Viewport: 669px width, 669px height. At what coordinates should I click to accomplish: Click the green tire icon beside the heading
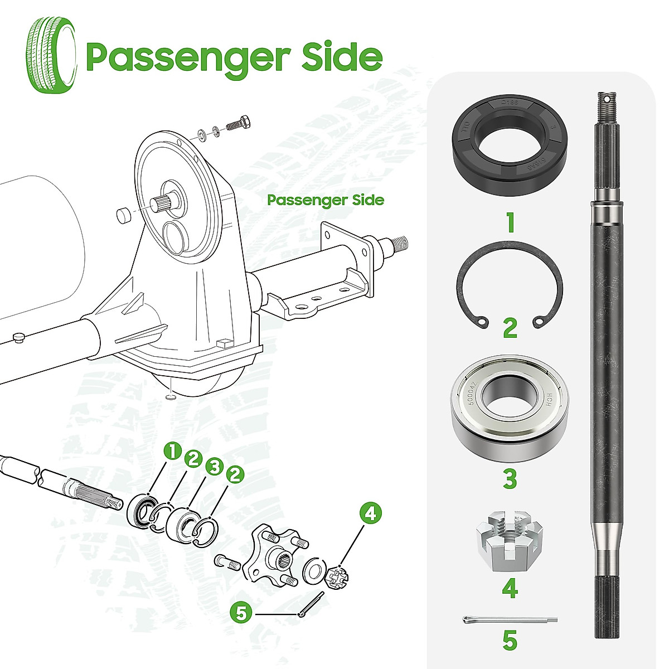tap(52, 54)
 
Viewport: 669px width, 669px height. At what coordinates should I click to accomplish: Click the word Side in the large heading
tap(342, 56)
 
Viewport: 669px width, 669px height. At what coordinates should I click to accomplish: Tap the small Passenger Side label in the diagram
tap(326, 200)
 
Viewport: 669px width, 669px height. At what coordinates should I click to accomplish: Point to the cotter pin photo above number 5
tap(510, 619)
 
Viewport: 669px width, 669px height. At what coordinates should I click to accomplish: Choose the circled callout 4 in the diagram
tap(371, 513)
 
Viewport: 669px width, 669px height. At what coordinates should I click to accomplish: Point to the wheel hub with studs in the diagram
tap(274, 551)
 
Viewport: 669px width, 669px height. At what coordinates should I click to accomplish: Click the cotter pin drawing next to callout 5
tap(311, 604)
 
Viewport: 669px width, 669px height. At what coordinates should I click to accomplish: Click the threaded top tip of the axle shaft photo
tap(607, 101)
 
